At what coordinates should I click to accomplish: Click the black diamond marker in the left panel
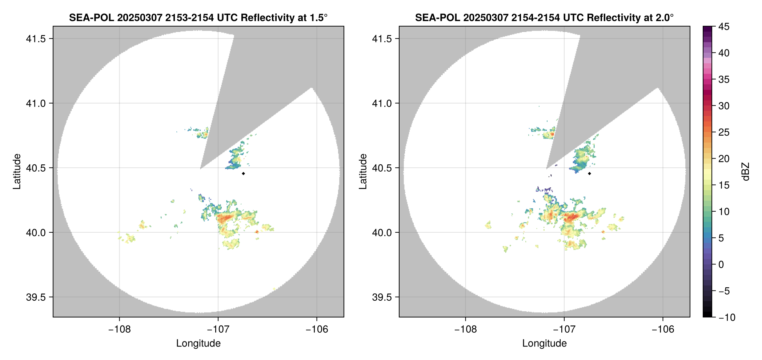[x=243, y=173]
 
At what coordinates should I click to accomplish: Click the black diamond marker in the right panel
[x=589, y=173]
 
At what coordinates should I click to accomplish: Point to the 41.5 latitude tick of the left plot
[x=36, y=39]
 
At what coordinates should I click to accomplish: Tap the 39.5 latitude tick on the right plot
[x=382, y=297]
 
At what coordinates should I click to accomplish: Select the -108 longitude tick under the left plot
[x=119, y=329]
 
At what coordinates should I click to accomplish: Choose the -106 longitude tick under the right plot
[x=663, y=329]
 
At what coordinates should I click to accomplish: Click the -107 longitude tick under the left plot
[x=218, y=329]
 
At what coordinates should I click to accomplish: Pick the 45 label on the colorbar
[x=723, y=27]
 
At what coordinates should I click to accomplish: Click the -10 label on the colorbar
[x=727, y=317]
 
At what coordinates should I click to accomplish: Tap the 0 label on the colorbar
[x=721, y=264]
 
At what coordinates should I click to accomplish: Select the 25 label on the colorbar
[x=723, y=132]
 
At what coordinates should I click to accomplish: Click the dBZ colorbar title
[x=746, y=172]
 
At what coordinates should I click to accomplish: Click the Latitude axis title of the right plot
[x=363, y=171]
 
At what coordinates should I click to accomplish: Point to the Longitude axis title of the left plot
[x=198, y=343]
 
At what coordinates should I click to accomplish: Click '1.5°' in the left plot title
[x=316, y=17]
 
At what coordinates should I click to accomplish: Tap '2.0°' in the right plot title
[x=662, y=17]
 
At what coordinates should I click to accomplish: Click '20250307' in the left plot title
[x=140, y=17]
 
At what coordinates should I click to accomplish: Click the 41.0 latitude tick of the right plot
[x=382, y=103]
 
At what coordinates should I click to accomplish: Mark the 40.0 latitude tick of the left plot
[x=36, y=232]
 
